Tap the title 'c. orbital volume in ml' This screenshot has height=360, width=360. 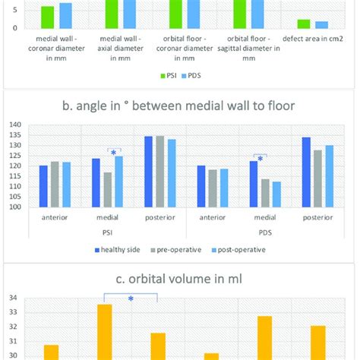point(179,276)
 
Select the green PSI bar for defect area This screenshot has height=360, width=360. point(304,24)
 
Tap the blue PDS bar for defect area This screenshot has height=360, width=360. point(321,24)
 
